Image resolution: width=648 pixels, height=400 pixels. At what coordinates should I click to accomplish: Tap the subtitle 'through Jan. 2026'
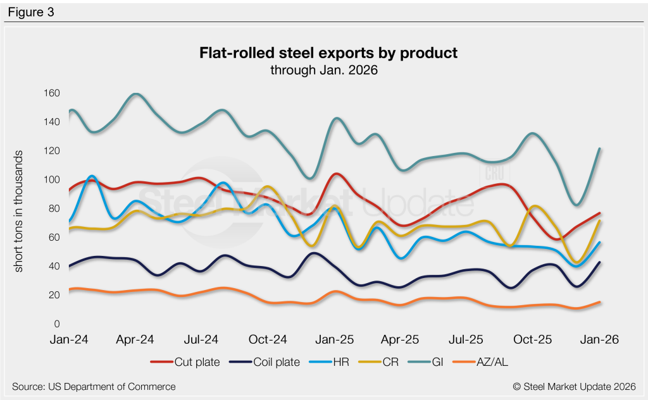[x=323, y=70]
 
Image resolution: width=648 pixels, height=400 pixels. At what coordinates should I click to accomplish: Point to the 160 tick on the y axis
[x=51, y=94]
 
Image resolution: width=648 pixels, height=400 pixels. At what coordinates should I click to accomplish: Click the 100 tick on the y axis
[x=51, y=180]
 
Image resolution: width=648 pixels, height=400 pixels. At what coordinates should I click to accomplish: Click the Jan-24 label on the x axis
[x=68, y=339]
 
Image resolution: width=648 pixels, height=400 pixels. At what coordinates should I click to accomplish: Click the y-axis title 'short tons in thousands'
[x=19, y=212]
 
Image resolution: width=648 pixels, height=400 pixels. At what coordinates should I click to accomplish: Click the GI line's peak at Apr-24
[x=136, y=94]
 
